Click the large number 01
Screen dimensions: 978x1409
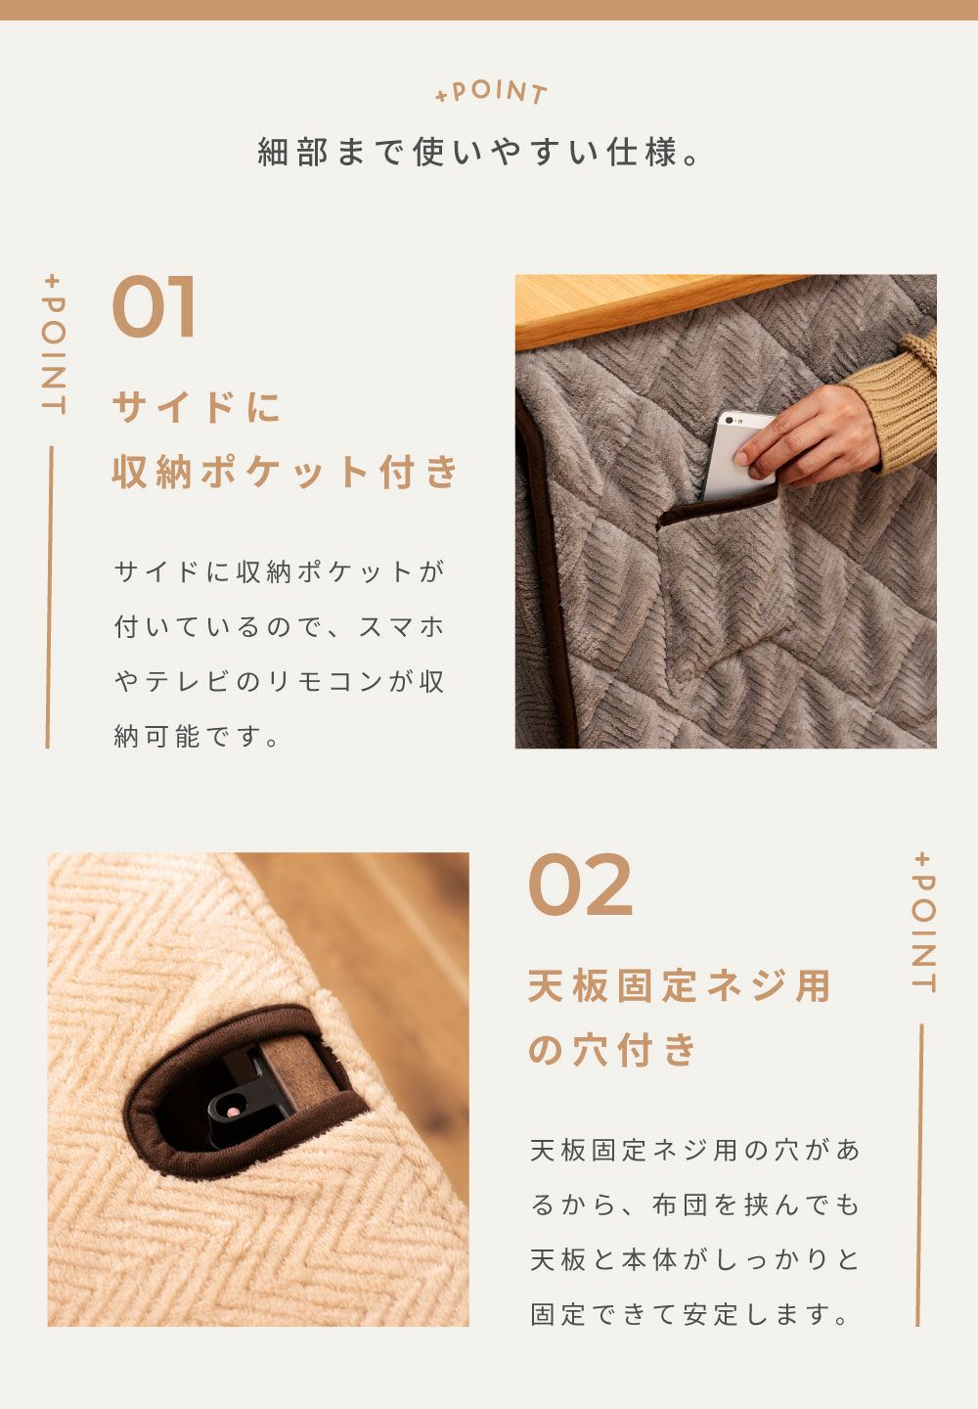154,306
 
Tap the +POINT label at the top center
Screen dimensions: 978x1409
491,92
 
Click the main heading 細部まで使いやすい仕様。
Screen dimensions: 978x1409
479,153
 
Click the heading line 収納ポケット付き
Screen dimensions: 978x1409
286,472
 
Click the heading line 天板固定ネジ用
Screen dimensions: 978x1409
680,985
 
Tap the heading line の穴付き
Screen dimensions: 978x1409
612,1050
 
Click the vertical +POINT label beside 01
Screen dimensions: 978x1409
54,344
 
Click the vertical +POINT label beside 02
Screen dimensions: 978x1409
924,923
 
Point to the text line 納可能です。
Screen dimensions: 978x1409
197,736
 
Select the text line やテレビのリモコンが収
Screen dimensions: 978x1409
280,681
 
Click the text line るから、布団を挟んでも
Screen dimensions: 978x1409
695,1204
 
